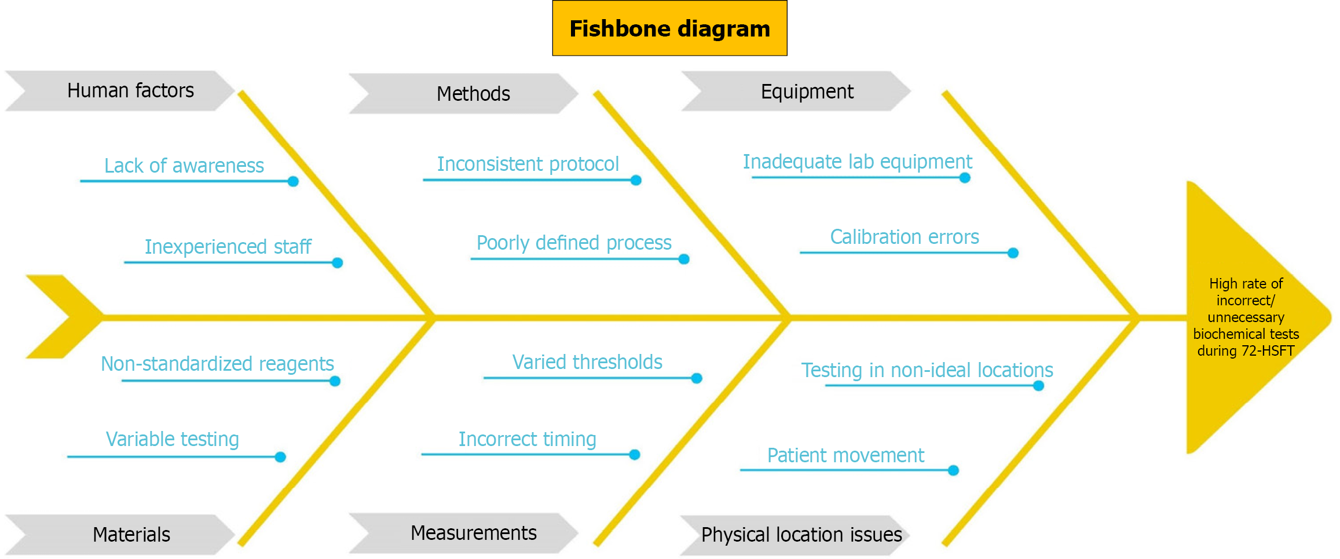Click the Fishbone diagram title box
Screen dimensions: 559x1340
pyautogui.click(x=669, y=28)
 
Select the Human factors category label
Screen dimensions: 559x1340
pyautogui.click(x=130, y=91)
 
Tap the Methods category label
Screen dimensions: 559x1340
pyautogui.click(x=473, y=94)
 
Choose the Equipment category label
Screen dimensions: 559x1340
pyautogui.click(x=807, y=92)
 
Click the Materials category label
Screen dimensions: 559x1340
pyautogui.click(x=131, y=534)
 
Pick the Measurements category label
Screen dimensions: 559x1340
pyautogui.click(x=473, y=533)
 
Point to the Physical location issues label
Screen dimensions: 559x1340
pyautogui.click(x=801, y=534)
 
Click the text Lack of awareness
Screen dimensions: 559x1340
pyautogui.click(x=184, y=166)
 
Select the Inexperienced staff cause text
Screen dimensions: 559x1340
pyautogui.click(x=228, y=247)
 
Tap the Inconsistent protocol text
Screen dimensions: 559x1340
pyautogui.click(x=528, y=164)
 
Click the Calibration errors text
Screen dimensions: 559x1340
pyautogui.click(x=904, y=237)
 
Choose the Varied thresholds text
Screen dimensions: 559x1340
pyautogui.click(x=587, y=362)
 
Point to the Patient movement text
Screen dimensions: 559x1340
pyautogui.click(x=845, y=455)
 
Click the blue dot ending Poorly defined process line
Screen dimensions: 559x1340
pyautogui.click(x=684, y=259)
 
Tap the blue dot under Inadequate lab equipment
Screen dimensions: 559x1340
pyautogui.click(x=965, y=178)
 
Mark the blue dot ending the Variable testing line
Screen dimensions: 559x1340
pyautogui.click(x=280, y=457)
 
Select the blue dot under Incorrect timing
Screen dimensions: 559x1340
pyautogui.click(x=635, y=455)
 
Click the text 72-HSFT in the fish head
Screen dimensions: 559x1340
pyautogui.click(x=1268, y=351)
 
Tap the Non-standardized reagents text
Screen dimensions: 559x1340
pyautogui.click(x=217, y=364)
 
